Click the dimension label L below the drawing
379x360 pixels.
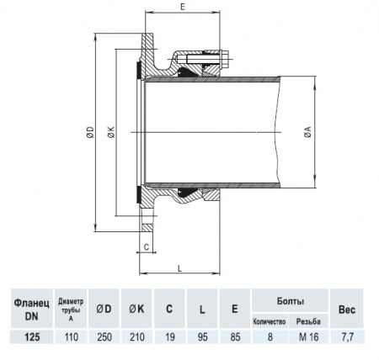(x=181, y=267)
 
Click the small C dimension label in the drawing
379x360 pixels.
(x=146, y=246)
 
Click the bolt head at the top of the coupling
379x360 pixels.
(x=227, y=60)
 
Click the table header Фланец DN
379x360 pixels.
(x=33, y=308)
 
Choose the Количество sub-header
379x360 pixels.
(x=270, y=321)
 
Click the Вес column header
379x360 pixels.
(x=347, y=309)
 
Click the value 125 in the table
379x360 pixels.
(x=33, y=336)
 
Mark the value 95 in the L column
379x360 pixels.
(x=202, y=336)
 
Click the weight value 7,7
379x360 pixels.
(x=347, y=336)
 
